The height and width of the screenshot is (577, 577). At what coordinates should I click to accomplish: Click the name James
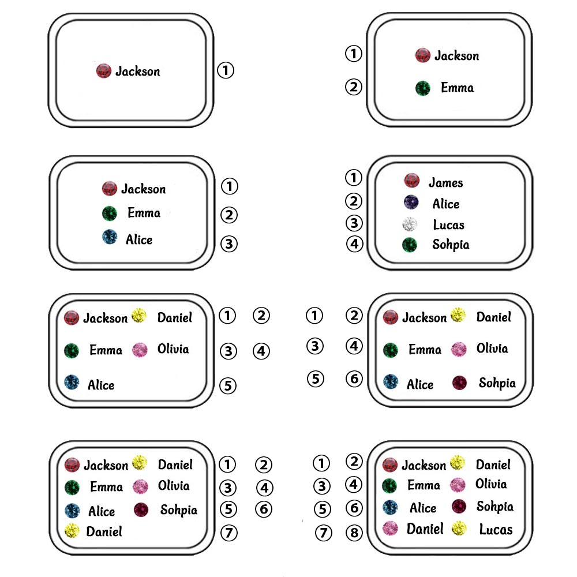point(445,183)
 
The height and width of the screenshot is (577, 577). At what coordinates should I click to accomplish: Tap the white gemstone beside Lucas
point(410,224)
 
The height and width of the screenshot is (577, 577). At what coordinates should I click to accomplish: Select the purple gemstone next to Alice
point(410,203)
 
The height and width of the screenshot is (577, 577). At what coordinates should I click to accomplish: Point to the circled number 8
point(354,533)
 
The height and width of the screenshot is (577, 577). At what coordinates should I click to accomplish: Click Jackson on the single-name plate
point(137,72)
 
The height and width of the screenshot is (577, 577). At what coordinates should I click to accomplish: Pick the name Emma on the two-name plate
point(457,88)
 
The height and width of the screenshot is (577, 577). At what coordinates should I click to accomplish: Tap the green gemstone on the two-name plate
point(423,88)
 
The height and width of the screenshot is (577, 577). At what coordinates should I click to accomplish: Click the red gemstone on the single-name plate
point(103,71)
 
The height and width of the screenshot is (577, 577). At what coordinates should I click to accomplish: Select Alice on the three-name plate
point(139,239)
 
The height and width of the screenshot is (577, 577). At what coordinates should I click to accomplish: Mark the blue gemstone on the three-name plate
point(109,237)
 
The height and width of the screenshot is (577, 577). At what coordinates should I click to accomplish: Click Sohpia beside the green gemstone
point(451,245)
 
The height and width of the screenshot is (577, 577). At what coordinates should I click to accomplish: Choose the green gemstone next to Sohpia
point(410,245)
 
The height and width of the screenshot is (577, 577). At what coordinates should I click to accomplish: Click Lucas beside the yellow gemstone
point(496,529)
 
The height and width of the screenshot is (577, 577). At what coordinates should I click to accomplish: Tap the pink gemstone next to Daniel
point(391,528)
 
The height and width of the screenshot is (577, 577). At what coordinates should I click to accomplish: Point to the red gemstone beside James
point(411,181)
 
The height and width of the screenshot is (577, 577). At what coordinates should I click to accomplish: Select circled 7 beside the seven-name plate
point(228,533)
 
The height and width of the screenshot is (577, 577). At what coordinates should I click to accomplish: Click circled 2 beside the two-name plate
point(353,87)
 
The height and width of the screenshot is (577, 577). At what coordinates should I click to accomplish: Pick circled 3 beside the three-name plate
point(229,243)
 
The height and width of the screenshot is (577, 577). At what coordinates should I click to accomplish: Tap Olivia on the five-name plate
point(173,349)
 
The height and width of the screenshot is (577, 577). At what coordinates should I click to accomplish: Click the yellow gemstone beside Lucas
point(460,527)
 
